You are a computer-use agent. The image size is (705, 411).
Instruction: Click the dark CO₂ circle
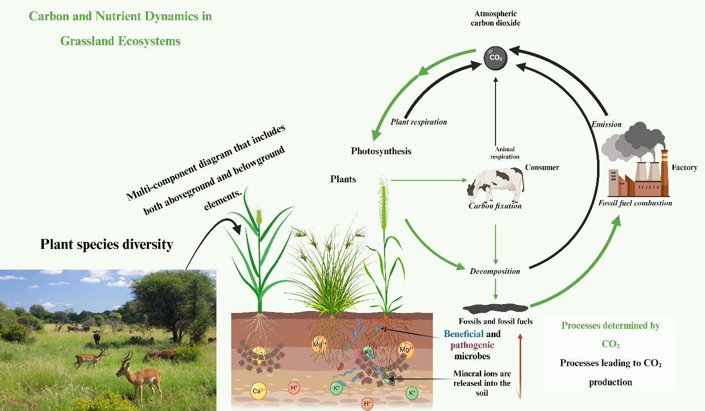[495, 58]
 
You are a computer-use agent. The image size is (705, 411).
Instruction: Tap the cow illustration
[495, 184]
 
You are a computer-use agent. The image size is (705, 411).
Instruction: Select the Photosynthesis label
[381, 151]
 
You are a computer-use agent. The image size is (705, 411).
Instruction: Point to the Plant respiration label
[419, 122]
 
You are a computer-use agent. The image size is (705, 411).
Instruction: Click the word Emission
[606, 125]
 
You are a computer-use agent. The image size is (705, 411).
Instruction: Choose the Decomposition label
[494, 271]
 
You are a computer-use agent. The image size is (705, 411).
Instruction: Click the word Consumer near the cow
[542, 168]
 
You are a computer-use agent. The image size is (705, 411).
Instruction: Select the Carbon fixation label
[494, 206]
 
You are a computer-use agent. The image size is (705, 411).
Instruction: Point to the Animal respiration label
[505, 153]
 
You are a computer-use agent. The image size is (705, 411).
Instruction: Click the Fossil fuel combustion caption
[635, 203]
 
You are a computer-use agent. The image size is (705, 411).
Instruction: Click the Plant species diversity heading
[106, 244]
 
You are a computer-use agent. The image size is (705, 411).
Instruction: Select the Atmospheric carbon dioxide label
[495, 19]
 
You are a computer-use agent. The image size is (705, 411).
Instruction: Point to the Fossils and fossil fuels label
[495, 322]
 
